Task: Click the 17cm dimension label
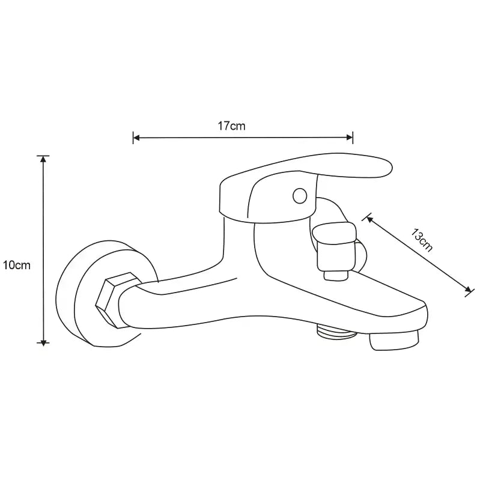point(231,126)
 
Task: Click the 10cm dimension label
point(16,265)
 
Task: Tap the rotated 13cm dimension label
point(422,240)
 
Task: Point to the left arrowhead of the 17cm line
point(135,138)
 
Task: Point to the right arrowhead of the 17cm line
point(351,138)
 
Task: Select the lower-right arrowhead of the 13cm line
point(467,290)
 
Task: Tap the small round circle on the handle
point(299,195)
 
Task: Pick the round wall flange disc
point(81,294)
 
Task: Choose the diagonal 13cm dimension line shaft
point(418,254)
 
